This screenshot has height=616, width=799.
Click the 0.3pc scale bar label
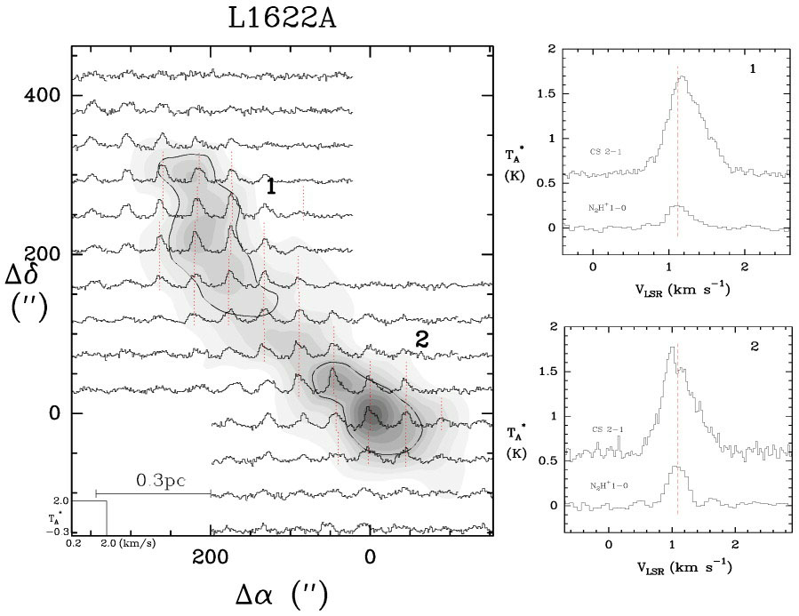tap(161, 481)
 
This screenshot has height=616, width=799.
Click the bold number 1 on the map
tap(270, 187)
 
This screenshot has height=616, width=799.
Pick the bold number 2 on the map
tap(423, 339)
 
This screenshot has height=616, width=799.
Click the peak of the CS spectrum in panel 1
tap(683, 77)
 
